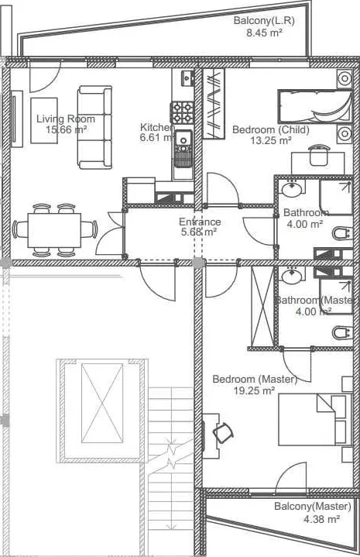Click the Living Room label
click(x=66, y=119)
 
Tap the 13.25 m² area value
click(x=271, y=140)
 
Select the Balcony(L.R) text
click(x=264, y=21)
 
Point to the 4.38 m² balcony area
click(x=322, y=519)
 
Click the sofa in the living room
click(x=94, y=127)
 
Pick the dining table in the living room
click(x=54, y=230)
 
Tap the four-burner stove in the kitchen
click(x=182, y=112)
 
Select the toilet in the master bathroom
click(x=343, y=333)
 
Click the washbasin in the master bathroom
click(x=292, y=276)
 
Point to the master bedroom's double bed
click(x=314, y=419)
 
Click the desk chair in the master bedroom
click(x=223, y=432)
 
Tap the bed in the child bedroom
click(x=314, y=107)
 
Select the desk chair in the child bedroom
click(x=320, y=155)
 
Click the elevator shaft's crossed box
click(x=102, y=403)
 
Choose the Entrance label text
click(x=200, y=222)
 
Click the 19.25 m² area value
click(x=254, y=390)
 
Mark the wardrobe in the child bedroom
click(x=214, y=103)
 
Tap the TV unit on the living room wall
click(x=17, y=119)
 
